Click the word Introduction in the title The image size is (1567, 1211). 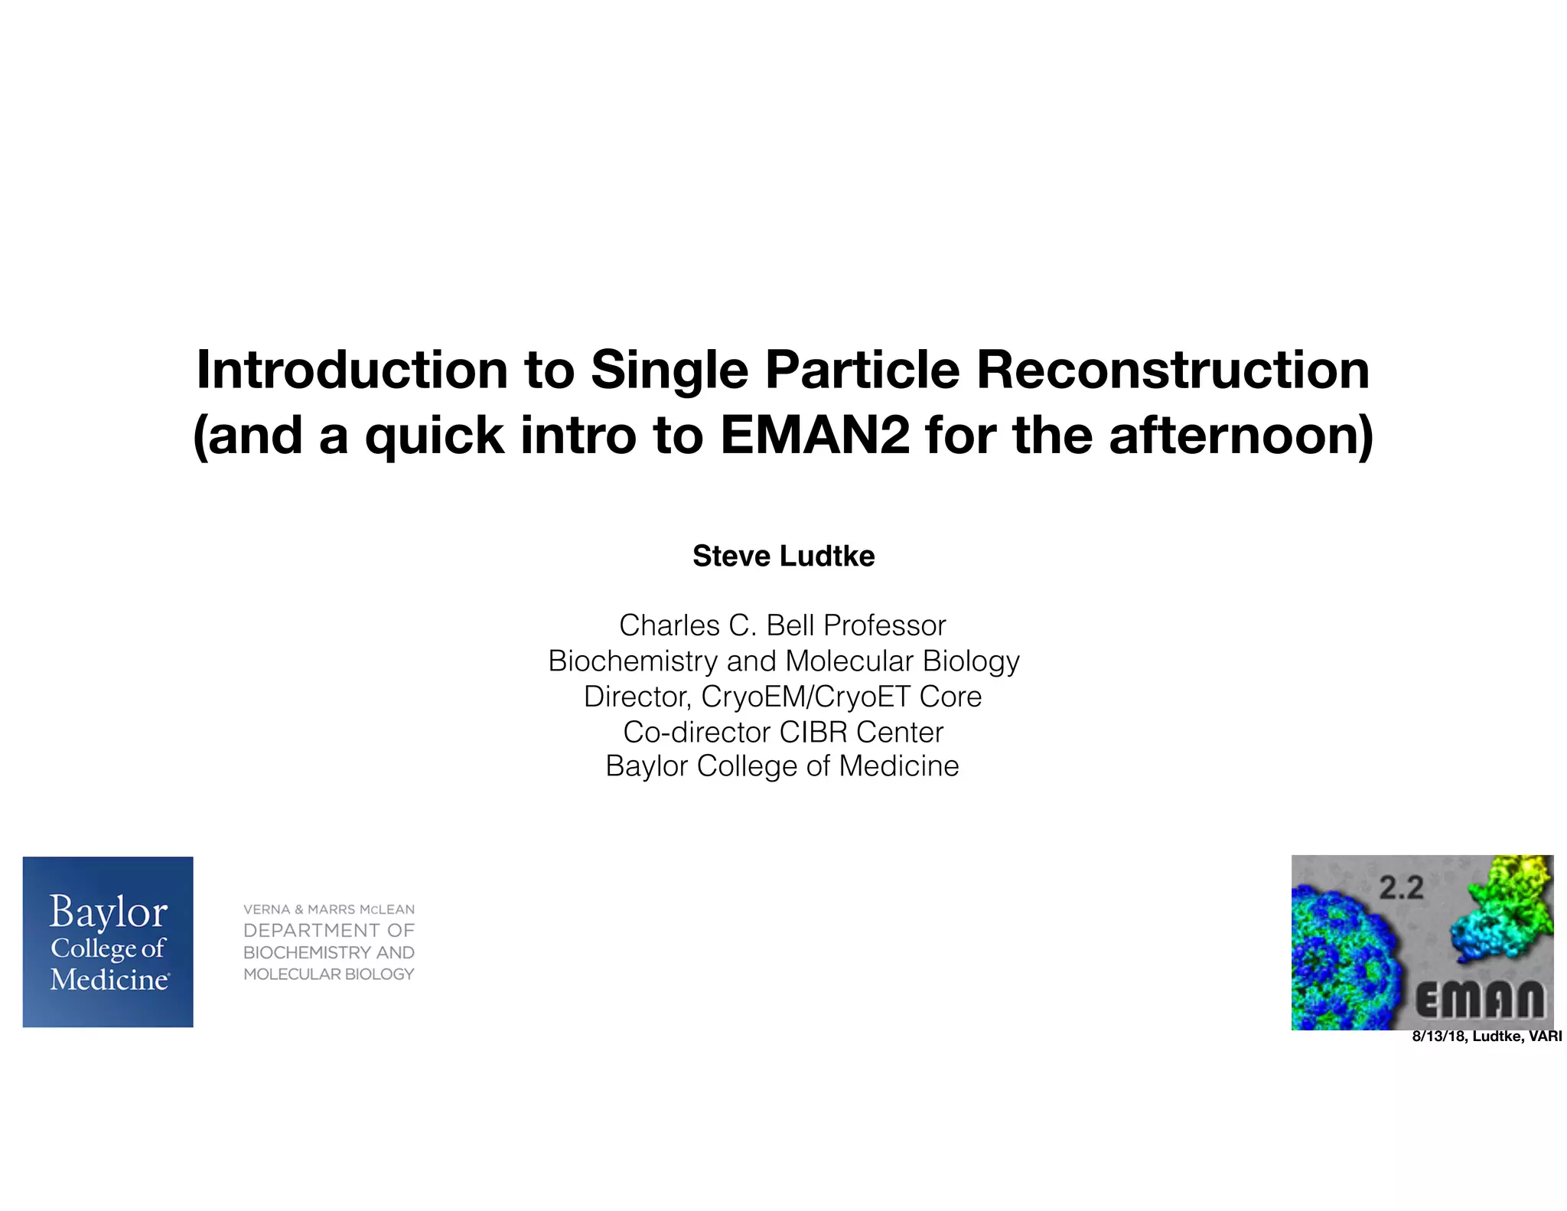point(352,370)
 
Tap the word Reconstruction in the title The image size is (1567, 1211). point(1172,370)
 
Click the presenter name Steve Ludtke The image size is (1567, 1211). point(783,556)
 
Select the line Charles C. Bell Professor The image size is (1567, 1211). point(783,625)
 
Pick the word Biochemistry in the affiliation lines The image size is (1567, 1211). point(631,661)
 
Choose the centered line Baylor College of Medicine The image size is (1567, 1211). point(782,765)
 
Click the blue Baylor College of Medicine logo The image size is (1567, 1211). point(108,942)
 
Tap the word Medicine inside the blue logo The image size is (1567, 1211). point(109,980)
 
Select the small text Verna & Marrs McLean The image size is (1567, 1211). point(329,909)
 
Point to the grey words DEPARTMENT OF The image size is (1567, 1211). point(329,931)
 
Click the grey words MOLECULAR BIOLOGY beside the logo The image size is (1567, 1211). point(329,974)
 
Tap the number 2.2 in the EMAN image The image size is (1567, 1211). point(1401,888)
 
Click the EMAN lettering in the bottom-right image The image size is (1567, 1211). point(1479,1000)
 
